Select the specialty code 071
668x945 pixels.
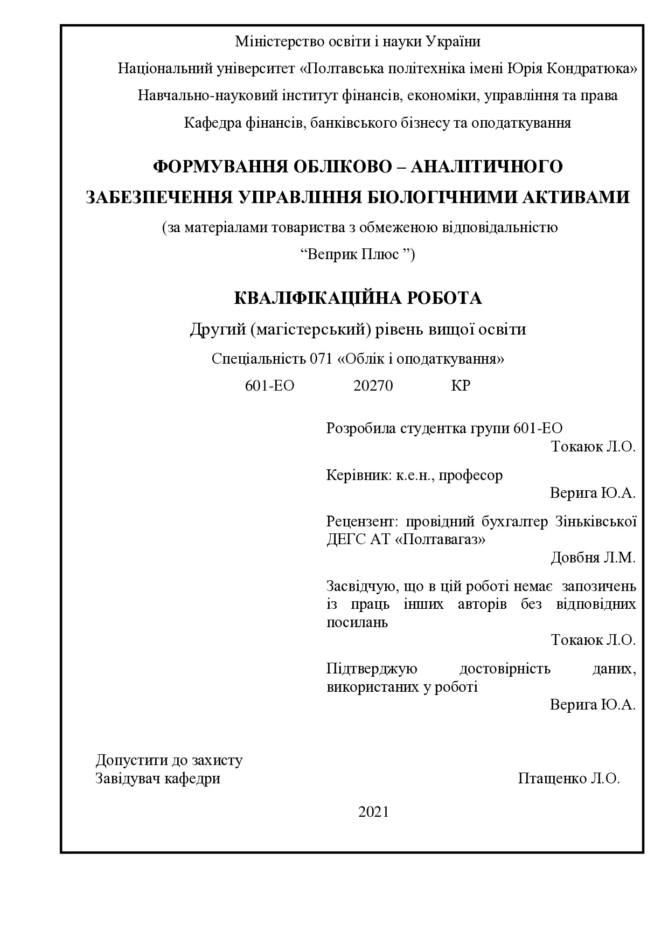(322, 359)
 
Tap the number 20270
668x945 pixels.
(373, 386)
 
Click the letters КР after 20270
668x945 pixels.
(461, 386)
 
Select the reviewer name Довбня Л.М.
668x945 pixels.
(593, 558)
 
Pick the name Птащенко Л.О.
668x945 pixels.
(569, 779)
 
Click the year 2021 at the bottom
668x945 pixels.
(373, 812)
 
